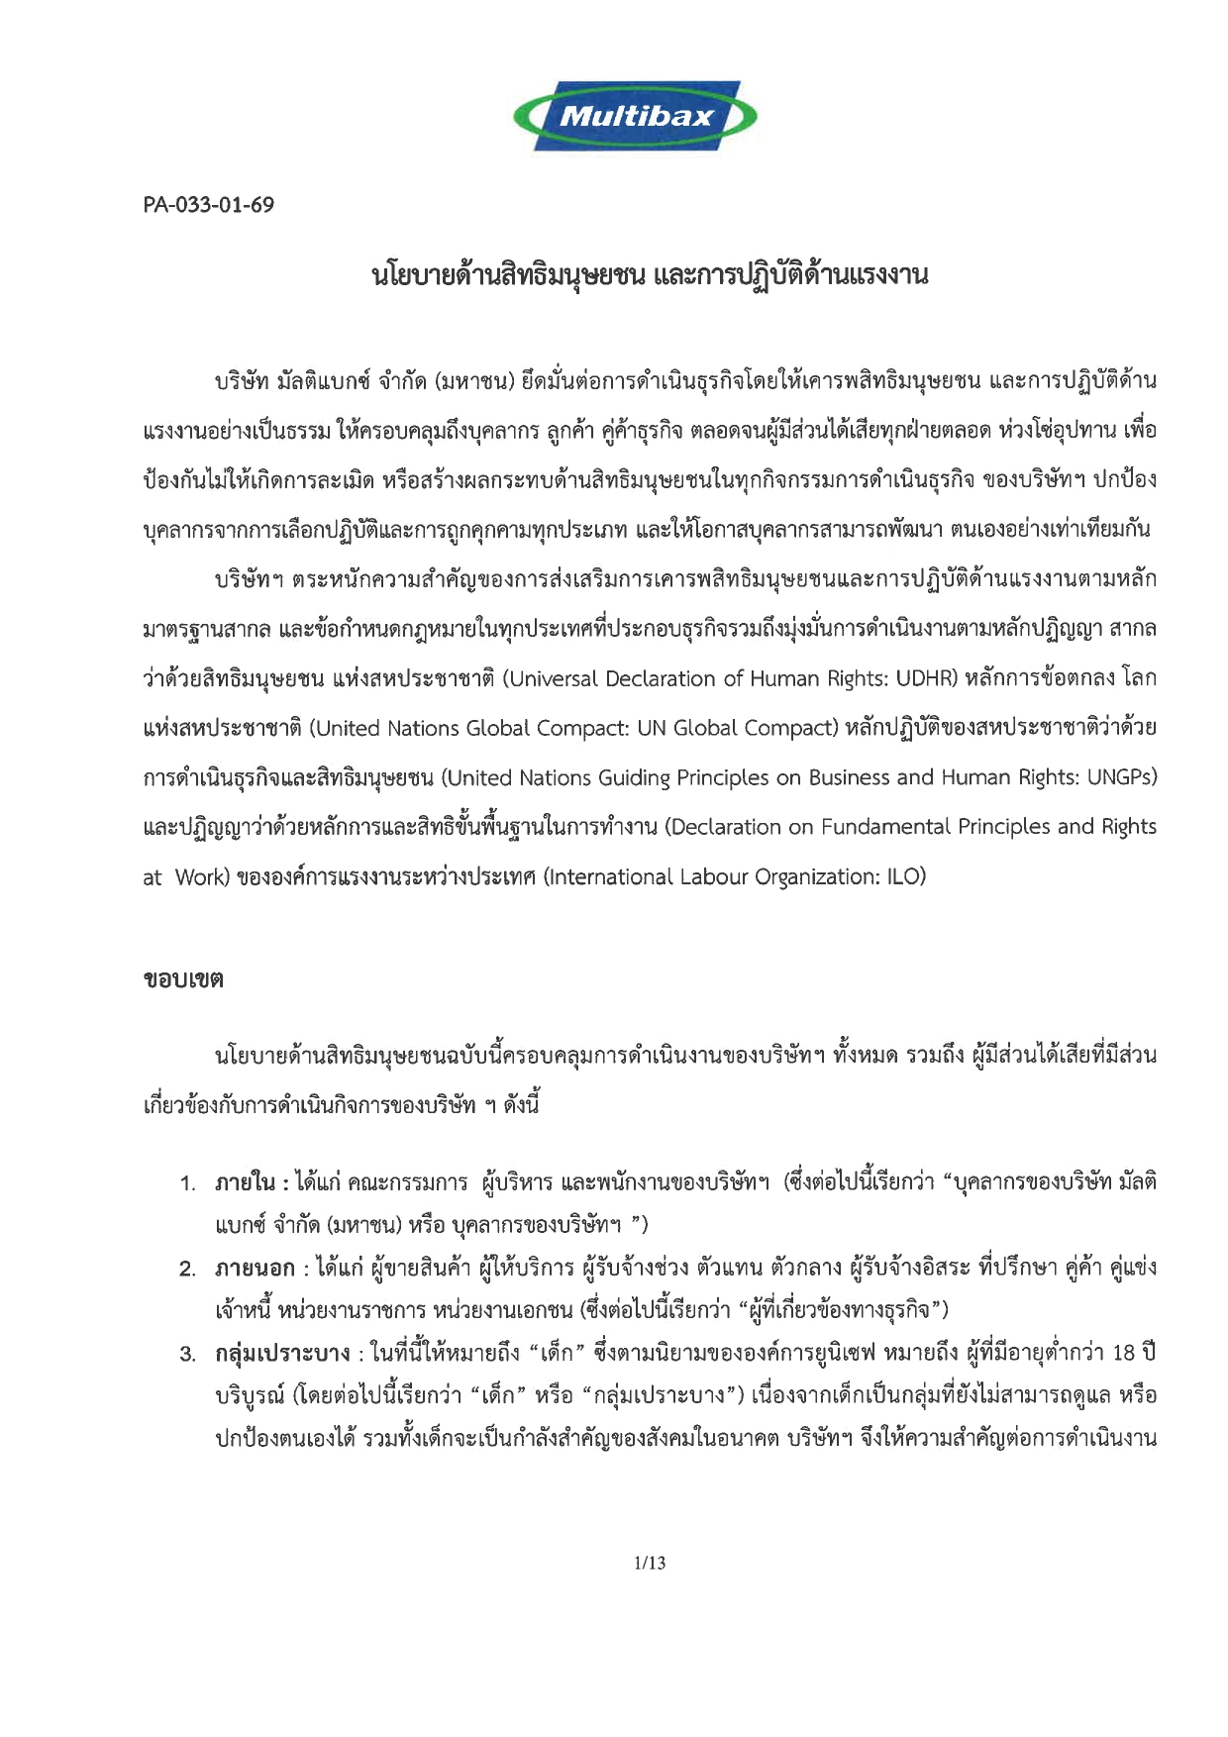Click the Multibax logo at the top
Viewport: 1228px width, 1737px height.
635,116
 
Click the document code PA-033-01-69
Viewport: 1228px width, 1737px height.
209,205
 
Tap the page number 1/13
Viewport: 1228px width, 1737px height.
650,1563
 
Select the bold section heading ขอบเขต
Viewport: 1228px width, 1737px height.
183,980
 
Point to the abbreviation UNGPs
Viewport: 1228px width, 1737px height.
1121,777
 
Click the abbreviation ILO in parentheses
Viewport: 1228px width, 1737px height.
905,876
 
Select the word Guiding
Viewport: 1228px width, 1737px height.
634,777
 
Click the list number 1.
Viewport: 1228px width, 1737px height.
188,1182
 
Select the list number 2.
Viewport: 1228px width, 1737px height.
188,1269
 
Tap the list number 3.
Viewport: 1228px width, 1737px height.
188,1354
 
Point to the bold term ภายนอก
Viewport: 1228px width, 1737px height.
256,1268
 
